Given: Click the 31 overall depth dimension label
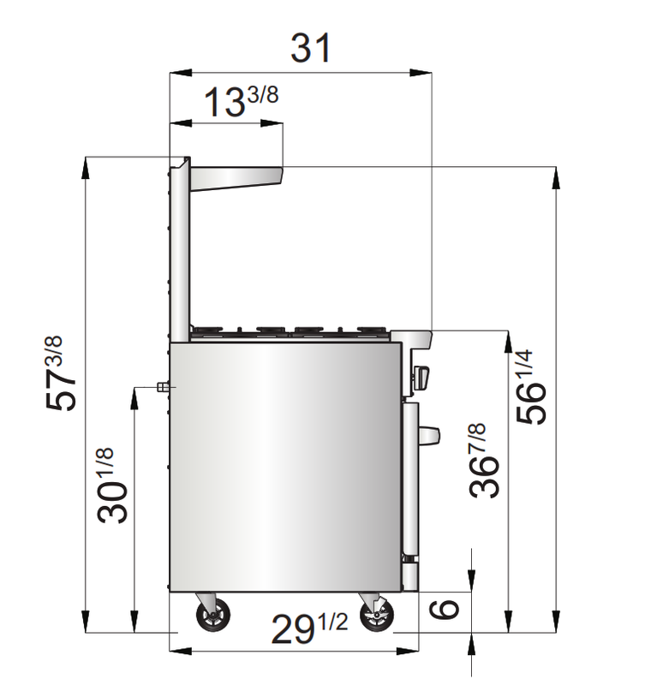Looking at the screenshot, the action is [x=311, y=48].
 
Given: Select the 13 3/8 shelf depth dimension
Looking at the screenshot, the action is [x=242, y=102].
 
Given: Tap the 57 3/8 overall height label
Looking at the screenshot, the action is [x=60, y=373].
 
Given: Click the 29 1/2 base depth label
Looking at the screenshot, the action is [x=309, y=628].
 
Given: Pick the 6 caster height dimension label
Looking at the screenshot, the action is [x=444, y=610].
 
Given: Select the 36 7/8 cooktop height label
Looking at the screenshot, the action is [x=484, y=460].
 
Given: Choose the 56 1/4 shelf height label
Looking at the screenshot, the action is [x=531, y=387].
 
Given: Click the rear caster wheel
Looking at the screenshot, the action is [x=212, y=614].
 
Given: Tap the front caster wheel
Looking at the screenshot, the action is [x=376, y=613].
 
